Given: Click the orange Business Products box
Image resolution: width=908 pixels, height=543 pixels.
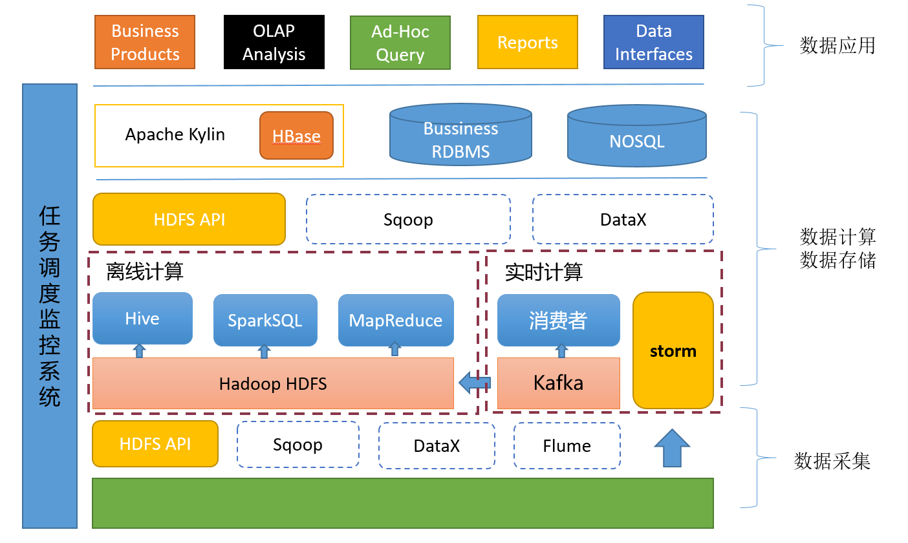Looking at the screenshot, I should coord(145,43).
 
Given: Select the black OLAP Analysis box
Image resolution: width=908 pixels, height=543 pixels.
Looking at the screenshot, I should coord(274,43).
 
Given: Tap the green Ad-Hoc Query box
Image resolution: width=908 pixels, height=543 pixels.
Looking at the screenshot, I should coord(400,43).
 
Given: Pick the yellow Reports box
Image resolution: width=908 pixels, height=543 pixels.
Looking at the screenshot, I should coord(528,43).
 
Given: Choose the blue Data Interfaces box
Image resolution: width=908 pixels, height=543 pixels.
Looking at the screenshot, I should coord(654,43).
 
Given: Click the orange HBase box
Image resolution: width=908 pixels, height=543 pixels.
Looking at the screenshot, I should coord(296,136).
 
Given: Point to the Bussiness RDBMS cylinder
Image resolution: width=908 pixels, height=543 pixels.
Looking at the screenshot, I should coord(460,140).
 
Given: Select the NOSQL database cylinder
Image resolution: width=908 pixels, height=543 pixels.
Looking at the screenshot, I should coord(637,140).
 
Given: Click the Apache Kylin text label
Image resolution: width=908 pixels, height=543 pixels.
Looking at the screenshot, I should coord(175,134).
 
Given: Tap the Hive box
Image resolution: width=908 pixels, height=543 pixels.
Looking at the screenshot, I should coord(142,318).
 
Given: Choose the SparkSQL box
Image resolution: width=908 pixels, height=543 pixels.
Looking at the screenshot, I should coord(265,320).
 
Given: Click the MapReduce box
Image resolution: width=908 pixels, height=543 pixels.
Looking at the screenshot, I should coord(396,320).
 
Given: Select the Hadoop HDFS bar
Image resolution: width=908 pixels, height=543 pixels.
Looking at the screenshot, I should coord(273,383).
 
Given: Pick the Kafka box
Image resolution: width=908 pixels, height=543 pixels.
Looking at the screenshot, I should coord(559,383).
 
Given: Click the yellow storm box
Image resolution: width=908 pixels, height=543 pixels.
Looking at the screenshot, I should coord(673,350).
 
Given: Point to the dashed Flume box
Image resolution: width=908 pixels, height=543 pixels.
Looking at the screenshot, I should coord(567,445).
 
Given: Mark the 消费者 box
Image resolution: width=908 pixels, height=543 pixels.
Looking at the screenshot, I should coord(558,320).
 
